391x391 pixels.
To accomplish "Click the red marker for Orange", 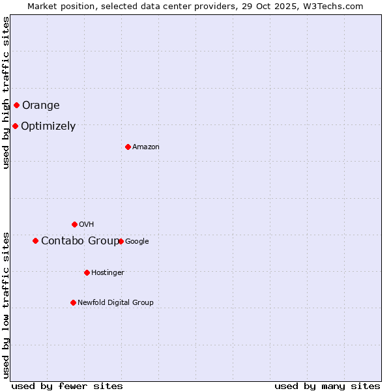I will (x=16, y=105).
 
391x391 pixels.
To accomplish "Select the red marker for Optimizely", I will (x=15, y=126).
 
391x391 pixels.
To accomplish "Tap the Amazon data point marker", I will (x=128, y=147).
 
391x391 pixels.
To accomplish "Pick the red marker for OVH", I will (x=74, y=224).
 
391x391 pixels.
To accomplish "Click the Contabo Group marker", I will (x=35, y=240).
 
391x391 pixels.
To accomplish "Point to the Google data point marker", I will (x=121, y=241).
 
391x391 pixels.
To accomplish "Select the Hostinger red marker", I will (x=87, y=272).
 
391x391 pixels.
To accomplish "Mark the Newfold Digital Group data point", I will (x=73, y=302).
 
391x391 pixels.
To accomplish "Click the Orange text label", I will (x=40, y=106).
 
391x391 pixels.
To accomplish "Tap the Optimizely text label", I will (x=48, y=126).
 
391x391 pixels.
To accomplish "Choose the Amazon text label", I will (x=146, y=147).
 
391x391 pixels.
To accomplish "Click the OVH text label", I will (x=87, y=225).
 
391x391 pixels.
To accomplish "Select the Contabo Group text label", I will (x=80, y=241).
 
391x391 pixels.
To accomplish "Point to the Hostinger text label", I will (x=108, y=273).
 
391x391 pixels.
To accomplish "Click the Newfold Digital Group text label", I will (x=115, y=303).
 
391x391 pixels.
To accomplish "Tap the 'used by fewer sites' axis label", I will (x=67, y=386).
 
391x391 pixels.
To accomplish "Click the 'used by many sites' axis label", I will (x=327, y=386).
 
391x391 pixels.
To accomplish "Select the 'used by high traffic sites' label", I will (x=6, y=93).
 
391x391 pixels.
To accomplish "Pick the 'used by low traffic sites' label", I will (x=6, y=305).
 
